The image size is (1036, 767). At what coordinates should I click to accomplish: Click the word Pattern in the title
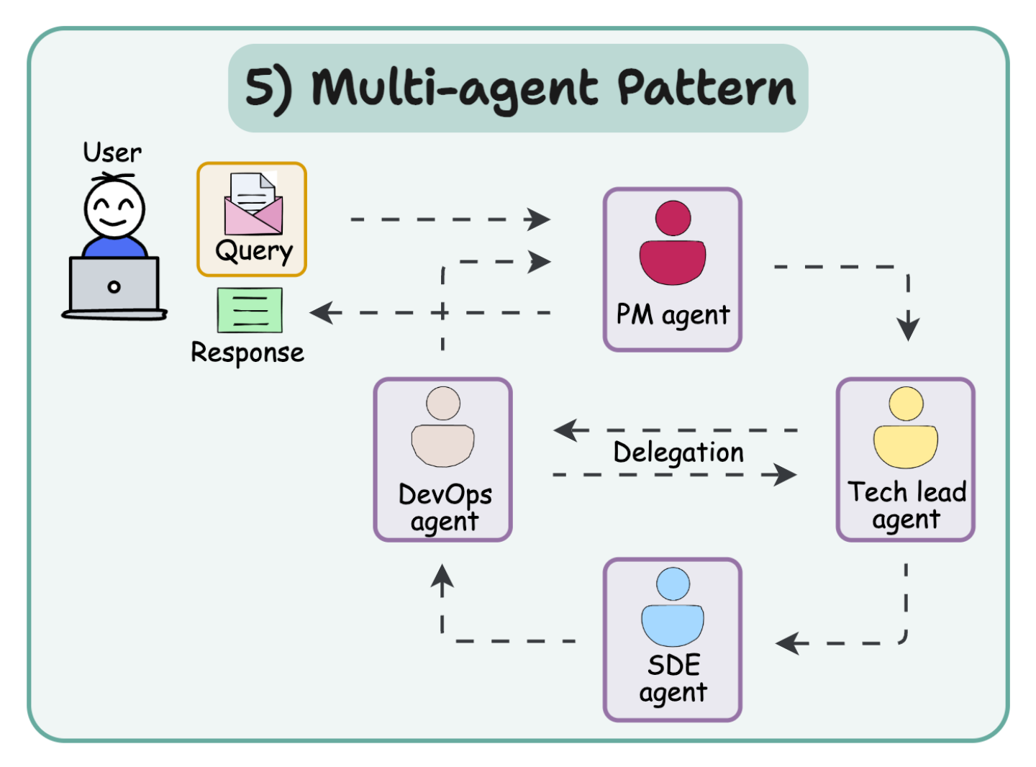click(x=706, y=88)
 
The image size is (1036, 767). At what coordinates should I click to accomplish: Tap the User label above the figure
click(x=112, y=153)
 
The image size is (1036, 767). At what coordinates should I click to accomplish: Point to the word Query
click(x=254, y=251)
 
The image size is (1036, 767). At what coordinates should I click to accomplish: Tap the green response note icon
click(x=250, y=311)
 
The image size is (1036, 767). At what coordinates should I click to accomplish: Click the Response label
click(x=247, y=353)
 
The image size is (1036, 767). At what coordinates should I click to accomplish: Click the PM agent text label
click(x=673, y=315)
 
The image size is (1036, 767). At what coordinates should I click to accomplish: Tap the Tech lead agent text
click(x=906, y=505)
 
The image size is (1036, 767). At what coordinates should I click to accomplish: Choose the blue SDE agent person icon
click(x=673, y=607)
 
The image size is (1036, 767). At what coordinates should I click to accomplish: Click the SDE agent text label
click(x=673, y=678)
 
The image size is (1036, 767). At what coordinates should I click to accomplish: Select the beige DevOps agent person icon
click(x=442, y=427)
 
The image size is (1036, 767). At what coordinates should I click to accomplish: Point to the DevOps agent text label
click(x=445, y=507)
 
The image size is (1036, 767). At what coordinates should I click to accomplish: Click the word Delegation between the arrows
click(x=678, y=453)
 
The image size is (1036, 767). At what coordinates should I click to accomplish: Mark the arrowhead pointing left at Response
click(x=322, y=313)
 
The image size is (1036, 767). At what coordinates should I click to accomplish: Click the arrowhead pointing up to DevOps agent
click(x=442, y=577)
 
